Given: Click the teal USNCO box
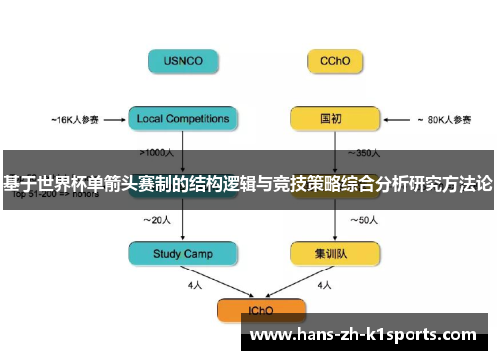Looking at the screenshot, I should point(184,60).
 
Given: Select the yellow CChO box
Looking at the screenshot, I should point(334,60).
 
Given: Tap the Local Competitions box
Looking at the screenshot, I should point(184,119).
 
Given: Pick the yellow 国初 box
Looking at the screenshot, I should point(334,119).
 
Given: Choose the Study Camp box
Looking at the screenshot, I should point(184,254).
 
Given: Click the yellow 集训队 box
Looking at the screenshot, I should point(334,254).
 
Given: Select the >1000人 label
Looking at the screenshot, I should point(159,153).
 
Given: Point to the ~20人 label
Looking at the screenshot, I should point(157,219).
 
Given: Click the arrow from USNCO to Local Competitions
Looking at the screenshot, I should point(184,90).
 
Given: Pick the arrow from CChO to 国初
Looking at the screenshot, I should point(334,90).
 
